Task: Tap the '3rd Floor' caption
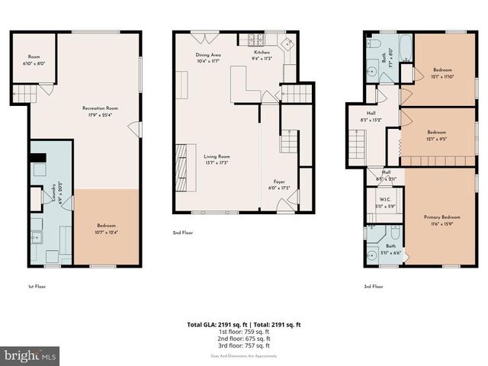pos(372,287)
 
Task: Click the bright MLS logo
pos(30,355)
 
